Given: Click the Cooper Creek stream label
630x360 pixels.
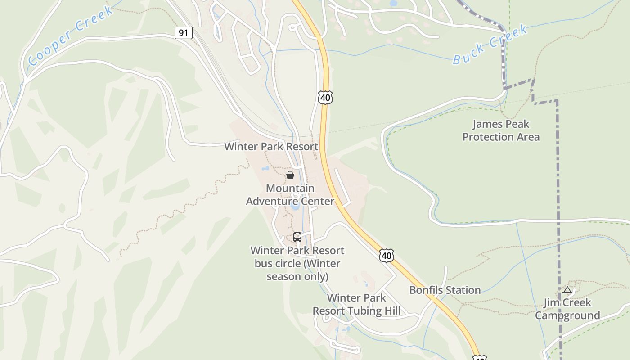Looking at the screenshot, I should pos(70,36).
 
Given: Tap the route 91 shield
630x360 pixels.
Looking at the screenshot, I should pos(184,33).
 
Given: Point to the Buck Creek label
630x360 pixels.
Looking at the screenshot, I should pos(490,45).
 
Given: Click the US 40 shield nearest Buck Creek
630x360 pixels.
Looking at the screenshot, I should pos(325,97).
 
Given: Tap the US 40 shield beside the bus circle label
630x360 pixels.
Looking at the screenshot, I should pos(386,255).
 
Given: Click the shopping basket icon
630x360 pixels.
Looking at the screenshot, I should pos(290,175).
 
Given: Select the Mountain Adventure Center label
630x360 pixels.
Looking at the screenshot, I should pos(290,194).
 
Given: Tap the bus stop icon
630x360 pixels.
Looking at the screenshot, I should pos(297,237).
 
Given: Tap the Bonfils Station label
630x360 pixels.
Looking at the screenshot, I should pos(445,290).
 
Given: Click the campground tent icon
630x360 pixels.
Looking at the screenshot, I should pos(567,290).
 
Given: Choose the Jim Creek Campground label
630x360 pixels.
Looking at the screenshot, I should pos(567,309).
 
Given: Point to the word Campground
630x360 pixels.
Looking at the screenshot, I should pos(567,315).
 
